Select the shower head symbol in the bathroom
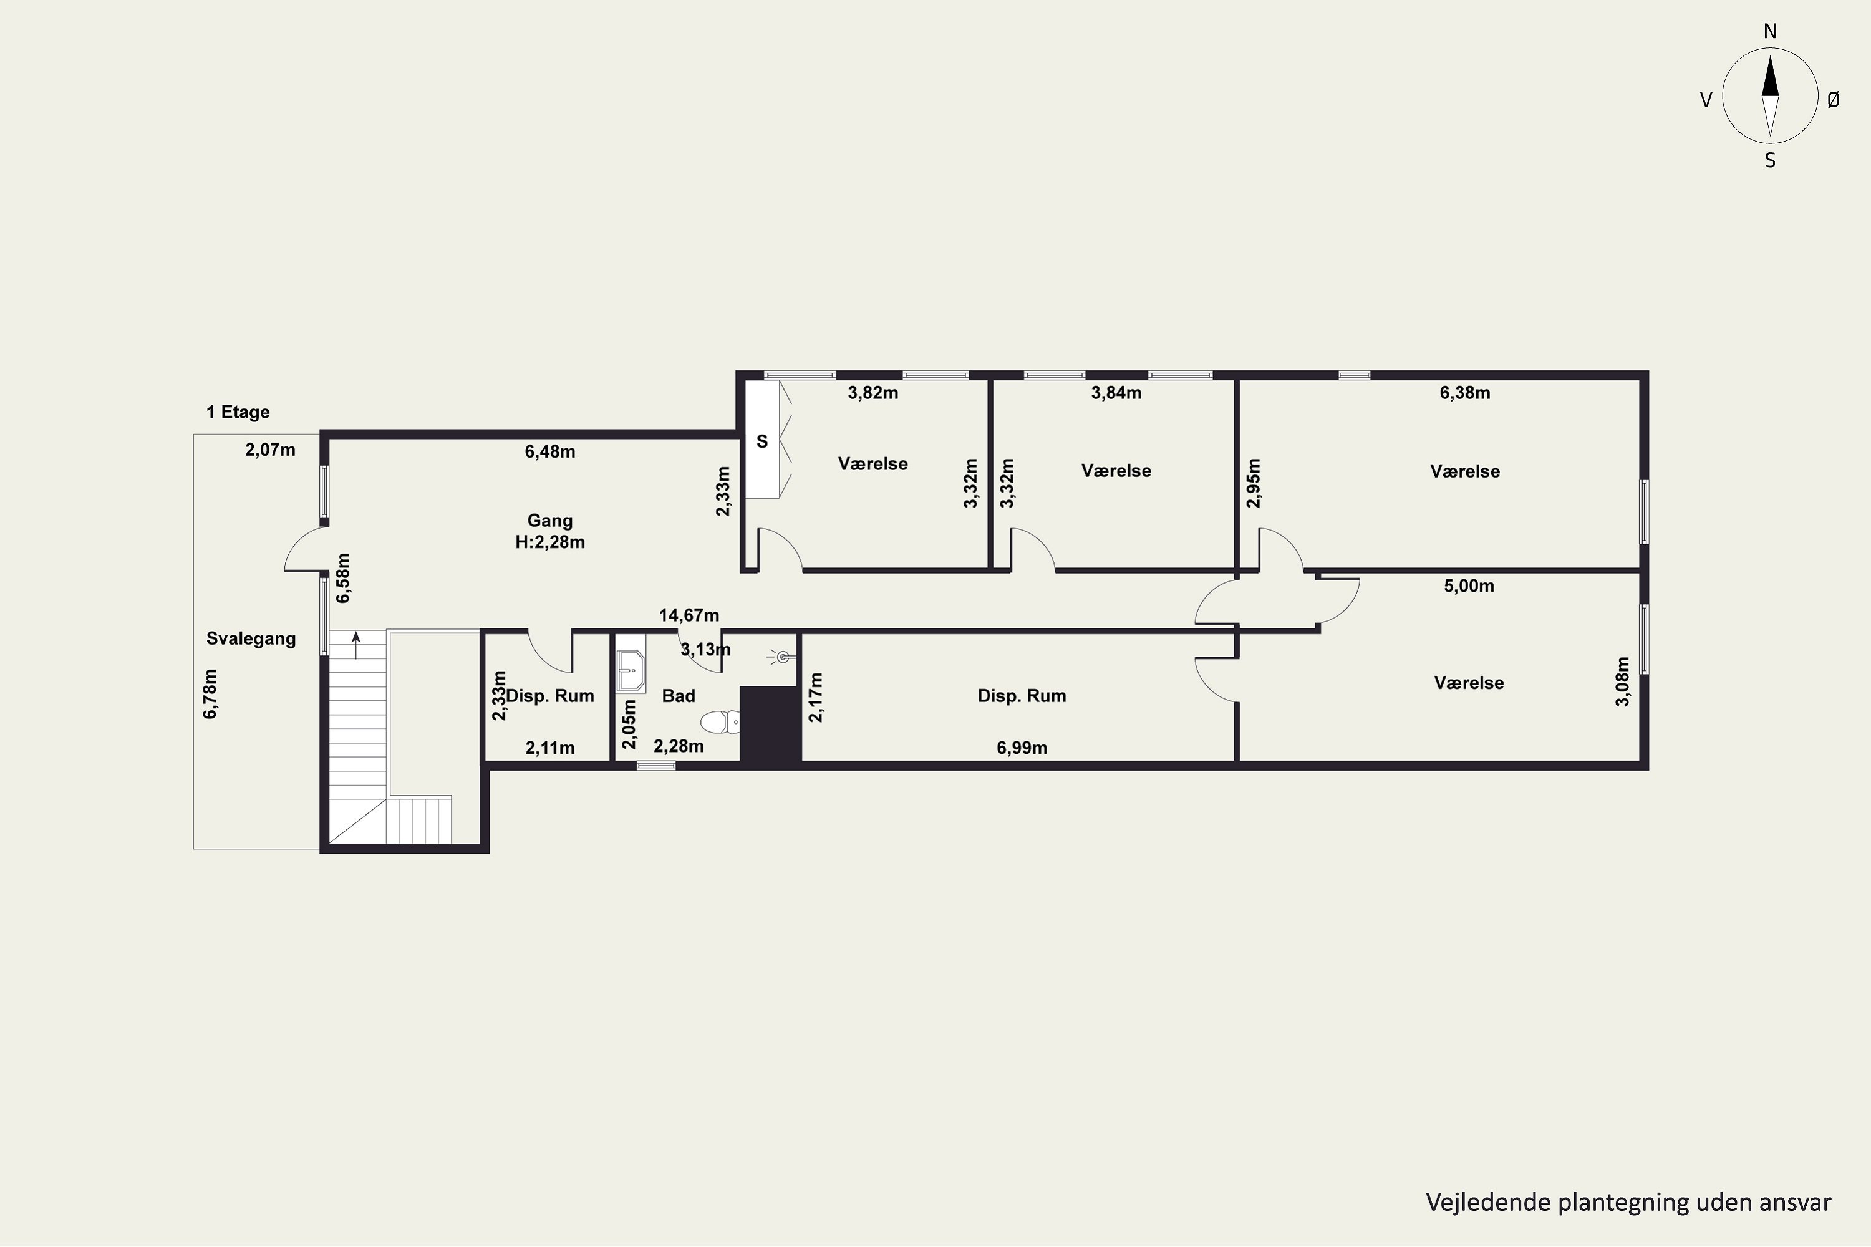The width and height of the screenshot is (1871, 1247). (x=782, y=657)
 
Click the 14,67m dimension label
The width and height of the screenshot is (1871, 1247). (x=689, y=615)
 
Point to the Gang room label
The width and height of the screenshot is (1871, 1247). (x=549, y=521)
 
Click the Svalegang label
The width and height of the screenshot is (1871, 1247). (x=251, y=638)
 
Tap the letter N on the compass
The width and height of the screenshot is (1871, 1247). (x=1770, y=32)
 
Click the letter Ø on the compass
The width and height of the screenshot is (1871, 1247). (x=1834, y=99)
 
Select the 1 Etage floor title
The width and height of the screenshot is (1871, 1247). (x=238, y=412)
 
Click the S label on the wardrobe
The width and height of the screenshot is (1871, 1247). (x=762, y=441)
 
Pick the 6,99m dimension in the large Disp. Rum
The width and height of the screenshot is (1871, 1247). (x=1022, y=748)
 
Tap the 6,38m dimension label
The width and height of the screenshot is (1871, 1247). (x=1465, y=393)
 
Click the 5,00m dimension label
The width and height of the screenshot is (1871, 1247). (x=1469, y=587)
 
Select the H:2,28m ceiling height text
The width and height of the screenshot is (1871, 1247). (x=549, y=542)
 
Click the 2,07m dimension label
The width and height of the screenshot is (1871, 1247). (x=271, y=450)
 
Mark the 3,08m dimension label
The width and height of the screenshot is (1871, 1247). (x=1623, y=681)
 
